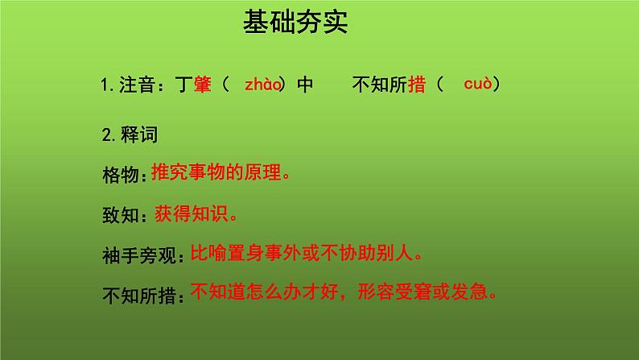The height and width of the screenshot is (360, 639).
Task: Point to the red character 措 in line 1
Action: click(417, 85)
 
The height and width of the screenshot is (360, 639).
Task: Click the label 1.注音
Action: click(132, 85)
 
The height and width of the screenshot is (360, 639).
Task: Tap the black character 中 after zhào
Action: click(304, 85)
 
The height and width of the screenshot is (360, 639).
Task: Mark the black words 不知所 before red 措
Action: click(380, 85)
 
